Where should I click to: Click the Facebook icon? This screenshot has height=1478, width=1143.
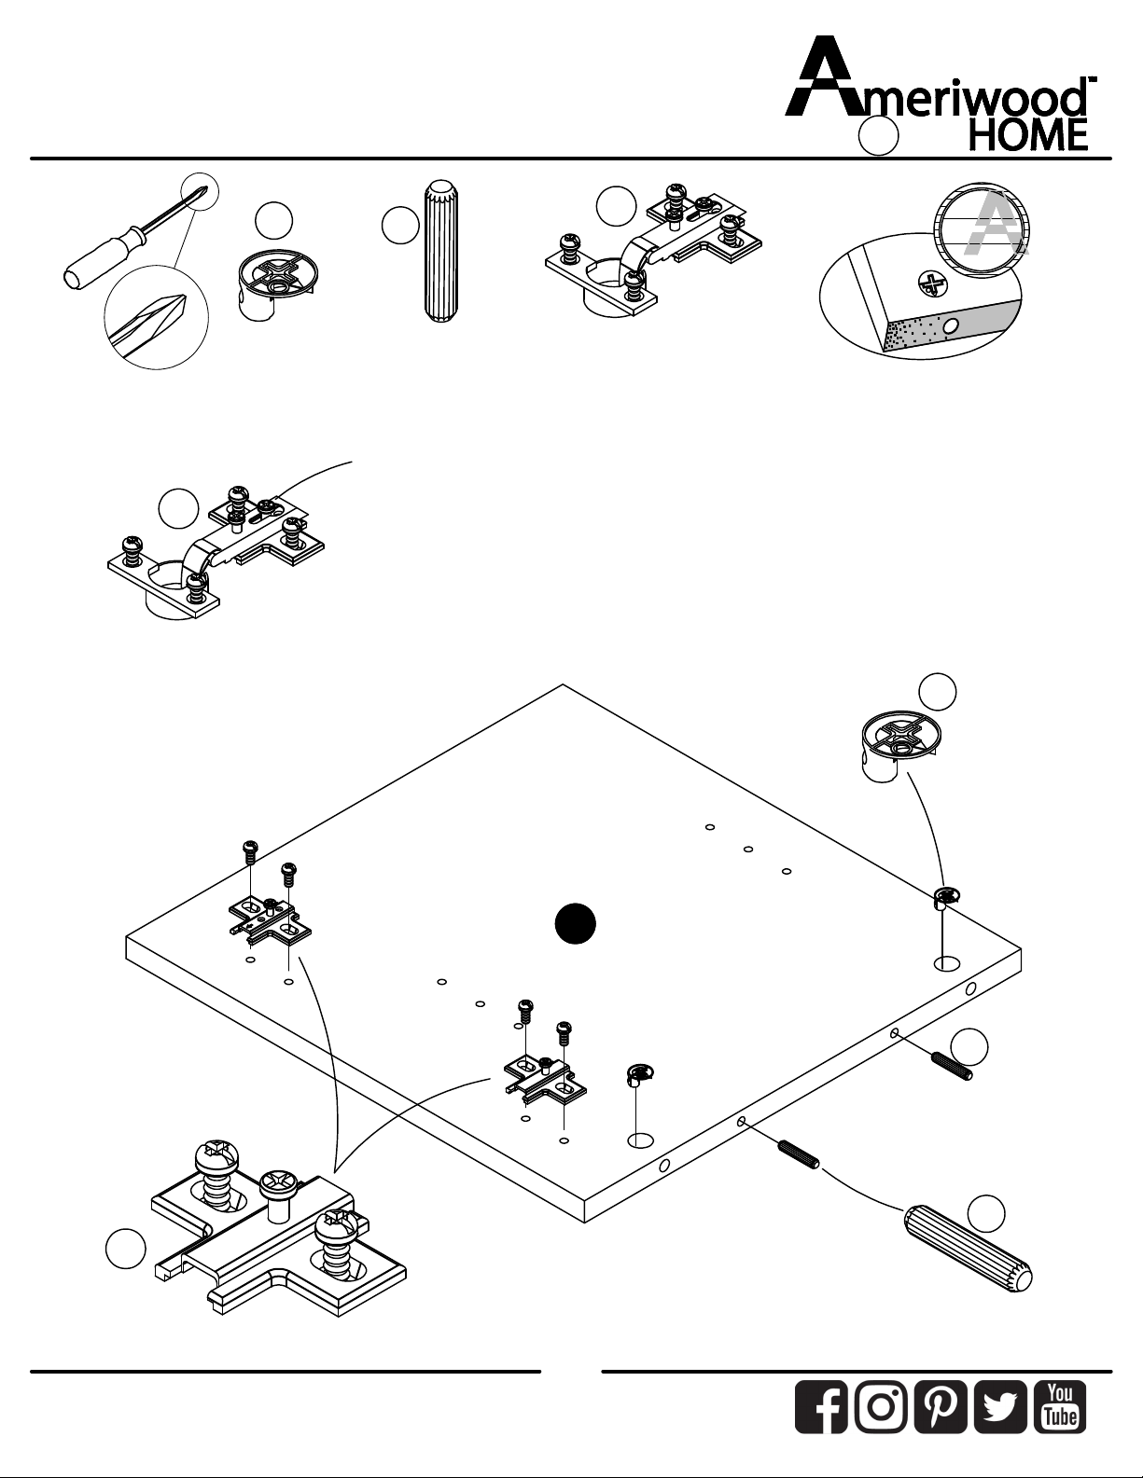(x=821, y=1407)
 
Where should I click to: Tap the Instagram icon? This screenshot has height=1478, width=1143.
(x=881, y=1407)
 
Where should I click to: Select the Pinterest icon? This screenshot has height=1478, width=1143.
(x=941, y=1407)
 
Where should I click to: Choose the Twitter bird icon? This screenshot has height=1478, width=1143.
(x=1000, y=1407)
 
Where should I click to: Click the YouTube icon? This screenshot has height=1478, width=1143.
(x=1060, y=1407)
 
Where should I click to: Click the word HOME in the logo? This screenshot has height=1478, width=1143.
(x=1028, y=135)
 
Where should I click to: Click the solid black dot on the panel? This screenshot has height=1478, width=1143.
(x=576, y=924)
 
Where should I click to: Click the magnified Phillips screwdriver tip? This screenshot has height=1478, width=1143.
(x=156, y=321)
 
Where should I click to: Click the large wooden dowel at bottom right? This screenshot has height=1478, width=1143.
(x=969, y=1249)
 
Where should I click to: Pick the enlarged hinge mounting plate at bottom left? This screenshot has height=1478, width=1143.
(x=278, y=1231)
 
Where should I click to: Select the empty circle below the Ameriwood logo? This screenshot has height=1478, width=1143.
(x=878, y=136)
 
